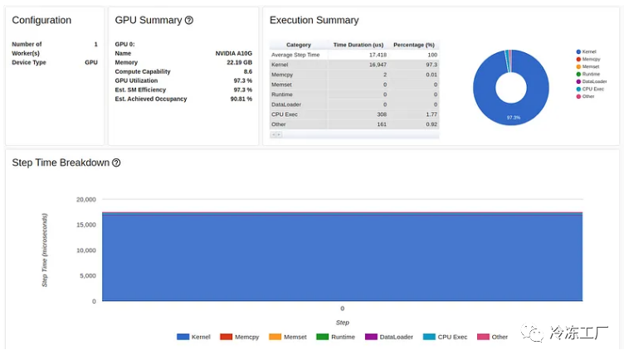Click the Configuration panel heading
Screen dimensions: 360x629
[41, 20]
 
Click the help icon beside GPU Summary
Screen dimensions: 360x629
[189, 20]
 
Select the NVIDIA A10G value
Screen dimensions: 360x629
[233, 53]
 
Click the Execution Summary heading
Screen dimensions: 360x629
[314, 20]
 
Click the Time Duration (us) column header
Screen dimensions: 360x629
[358, 45]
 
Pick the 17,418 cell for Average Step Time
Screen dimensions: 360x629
[378, 55]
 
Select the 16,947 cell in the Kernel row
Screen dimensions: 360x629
[378, 65]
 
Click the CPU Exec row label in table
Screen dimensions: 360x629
[285, 114]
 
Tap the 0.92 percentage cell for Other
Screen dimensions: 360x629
[431, 124]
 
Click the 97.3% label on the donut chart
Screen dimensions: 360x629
[513, 118]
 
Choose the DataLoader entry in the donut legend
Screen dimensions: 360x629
[593, 81]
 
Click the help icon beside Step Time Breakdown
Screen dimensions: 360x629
[116, 163]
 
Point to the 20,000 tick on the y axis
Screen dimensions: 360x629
[86, 200]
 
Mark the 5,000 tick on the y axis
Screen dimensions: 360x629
[88, 275]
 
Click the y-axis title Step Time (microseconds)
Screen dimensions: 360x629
[45, 250]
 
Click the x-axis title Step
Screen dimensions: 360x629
[342, 322]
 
